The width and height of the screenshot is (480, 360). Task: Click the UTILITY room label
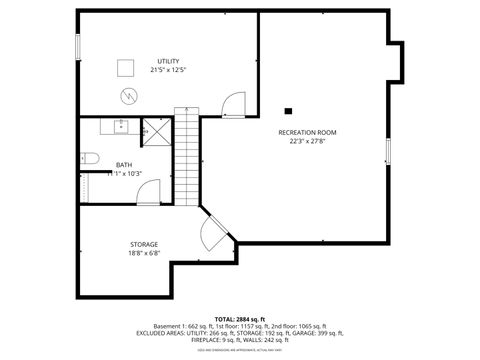168,61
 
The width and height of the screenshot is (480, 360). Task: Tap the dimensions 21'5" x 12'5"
168,69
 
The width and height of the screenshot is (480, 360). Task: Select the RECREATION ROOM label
308,133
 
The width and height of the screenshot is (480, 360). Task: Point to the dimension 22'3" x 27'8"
308,141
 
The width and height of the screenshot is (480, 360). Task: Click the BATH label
123,165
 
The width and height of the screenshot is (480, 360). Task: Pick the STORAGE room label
143,245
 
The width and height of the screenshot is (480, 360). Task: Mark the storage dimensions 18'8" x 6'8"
143,253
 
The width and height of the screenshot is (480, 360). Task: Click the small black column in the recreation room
288,111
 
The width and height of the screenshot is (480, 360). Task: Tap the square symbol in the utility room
125,67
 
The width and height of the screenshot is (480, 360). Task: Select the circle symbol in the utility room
128,96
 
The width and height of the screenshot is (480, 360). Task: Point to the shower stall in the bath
156,131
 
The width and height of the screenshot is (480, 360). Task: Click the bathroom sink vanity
120,126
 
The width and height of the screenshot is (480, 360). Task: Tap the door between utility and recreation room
233,103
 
